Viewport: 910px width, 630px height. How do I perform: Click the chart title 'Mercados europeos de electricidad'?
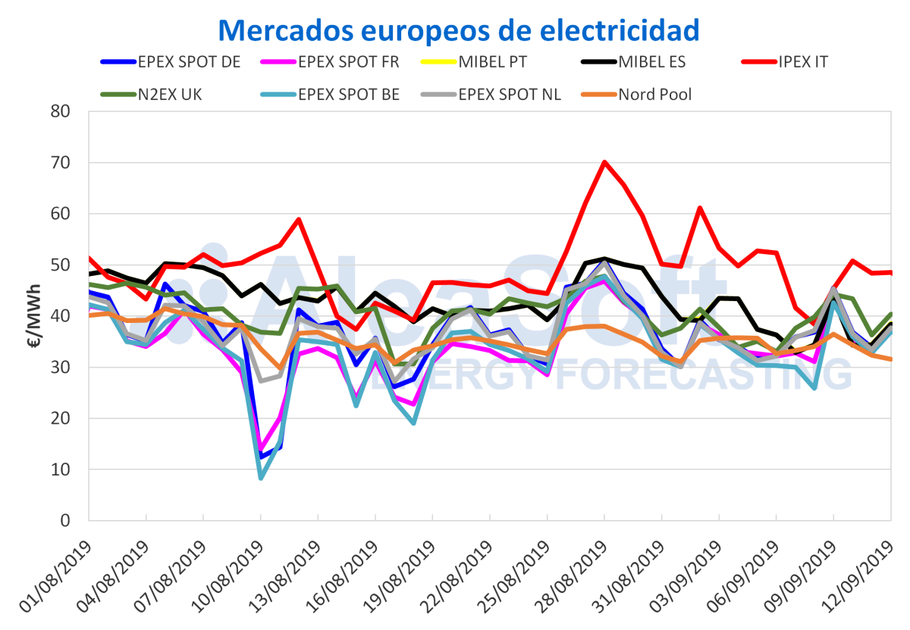tap(458, 30)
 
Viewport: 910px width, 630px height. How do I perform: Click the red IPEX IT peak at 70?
tap(604, 161)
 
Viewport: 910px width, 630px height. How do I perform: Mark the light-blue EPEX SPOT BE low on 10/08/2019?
tap(261, 478)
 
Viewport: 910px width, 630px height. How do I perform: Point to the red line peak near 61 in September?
tap(700, 208)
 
